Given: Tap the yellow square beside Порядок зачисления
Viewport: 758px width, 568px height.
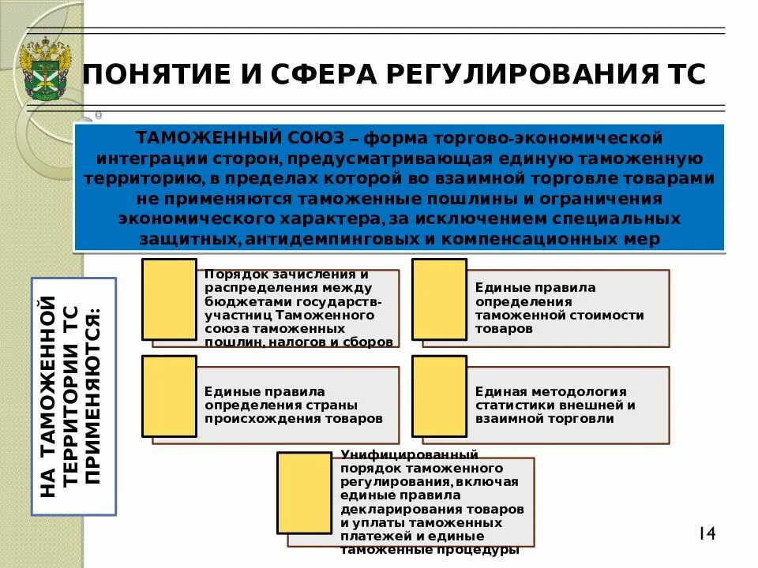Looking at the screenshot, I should (x=169, y=298).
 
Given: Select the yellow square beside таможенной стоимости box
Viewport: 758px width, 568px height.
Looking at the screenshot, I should (x=440, y=298).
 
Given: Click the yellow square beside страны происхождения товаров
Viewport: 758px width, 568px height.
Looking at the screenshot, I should (x=169, y=396).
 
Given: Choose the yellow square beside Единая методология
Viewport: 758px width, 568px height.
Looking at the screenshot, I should (x=440, y=396).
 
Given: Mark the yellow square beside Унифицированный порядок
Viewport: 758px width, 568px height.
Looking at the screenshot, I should (x=304, y=492).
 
